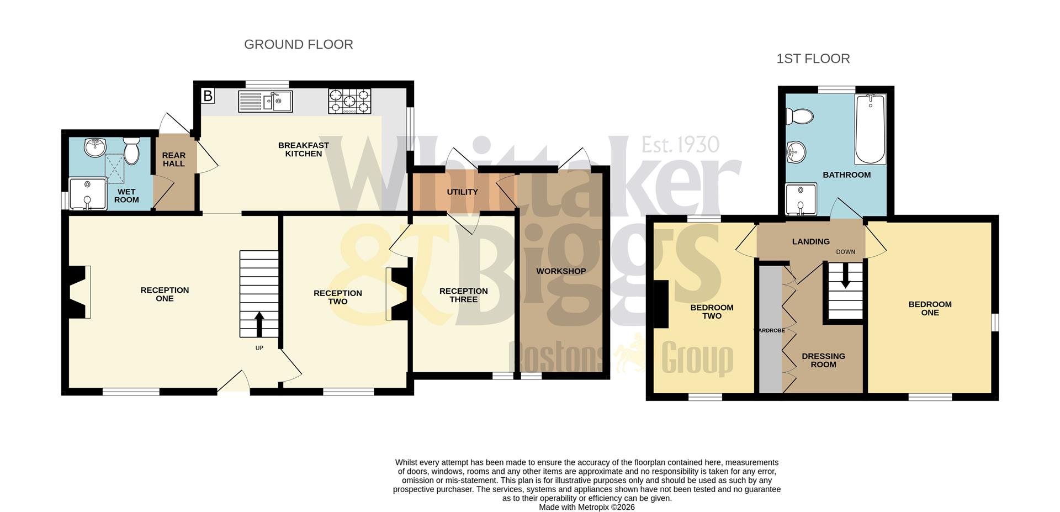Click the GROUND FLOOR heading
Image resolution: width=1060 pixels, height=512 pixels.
(298, 45)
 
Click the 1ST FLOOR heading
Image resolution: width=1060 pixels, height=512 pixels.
(813, 59)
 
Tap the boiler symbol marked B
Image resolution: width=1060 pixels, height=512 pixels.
(208, 96)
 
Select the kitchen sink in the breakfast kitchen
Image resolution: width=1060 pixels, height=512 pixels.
(266, 101)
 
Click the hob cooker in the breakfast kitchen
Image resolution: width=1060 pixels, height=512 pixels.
(349, 101)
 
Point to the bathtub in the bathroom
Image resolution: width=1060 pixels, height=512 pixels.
(870, 129)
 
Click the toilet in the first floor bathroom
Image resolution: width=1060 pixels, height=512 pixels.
(799, 117)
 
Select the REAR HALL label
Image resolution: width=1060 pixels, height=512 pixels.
(173, 160)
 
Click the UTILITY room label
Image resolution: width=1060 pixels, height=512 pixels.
(462, 192)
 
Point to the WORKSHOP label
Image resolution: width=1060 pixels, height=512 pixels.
(561, 271)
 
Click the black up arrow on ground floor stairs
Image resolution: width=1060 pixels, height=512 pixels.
(259, 324)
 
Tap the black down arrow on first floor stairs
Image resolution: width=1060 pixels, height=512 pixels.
(845, 281)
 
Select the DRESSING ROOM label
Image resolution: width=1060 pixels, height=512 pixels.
(823, 360)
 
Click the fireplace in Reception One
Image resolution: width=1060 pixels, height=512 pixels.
(78, 292)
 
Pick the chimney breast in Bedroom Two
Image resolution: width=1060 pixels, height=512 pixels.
(661, 304)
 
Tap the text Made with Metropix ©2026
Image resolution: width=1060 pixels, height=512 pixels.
(586, 507)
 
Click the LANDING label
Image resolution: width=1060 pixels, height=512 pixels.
(810, 241)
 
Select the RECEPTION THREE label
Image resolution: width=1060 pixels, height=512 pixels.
(463, 295)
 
